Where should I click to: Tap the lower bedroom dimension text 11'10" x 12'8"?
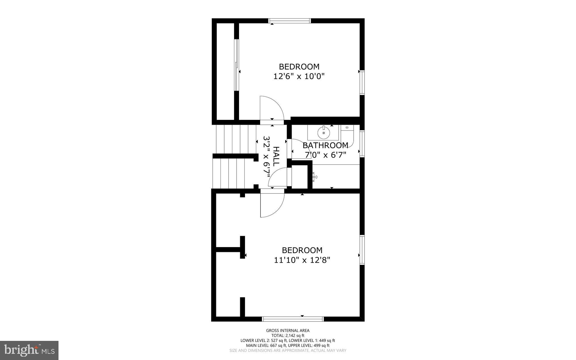302,260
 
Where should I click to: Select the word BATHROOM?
325,145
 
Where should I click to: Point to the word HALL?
276,156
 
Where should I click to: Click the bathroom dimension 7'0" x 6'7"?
325,155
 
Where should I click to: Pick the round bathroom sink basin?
323,133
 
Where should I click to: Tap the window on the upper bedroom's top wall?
290,21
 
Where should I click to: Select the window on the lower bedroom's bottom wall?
293,319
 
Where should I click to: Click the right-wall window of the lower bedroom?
362,250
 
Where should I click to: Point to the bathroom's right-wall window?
362,143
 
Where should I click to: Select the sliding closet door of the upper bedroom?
237,65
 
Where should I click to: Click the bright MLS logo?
29,350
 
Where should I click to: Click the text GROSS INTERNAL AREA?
288,330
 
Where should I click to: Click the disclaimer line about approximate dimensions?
288,350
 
